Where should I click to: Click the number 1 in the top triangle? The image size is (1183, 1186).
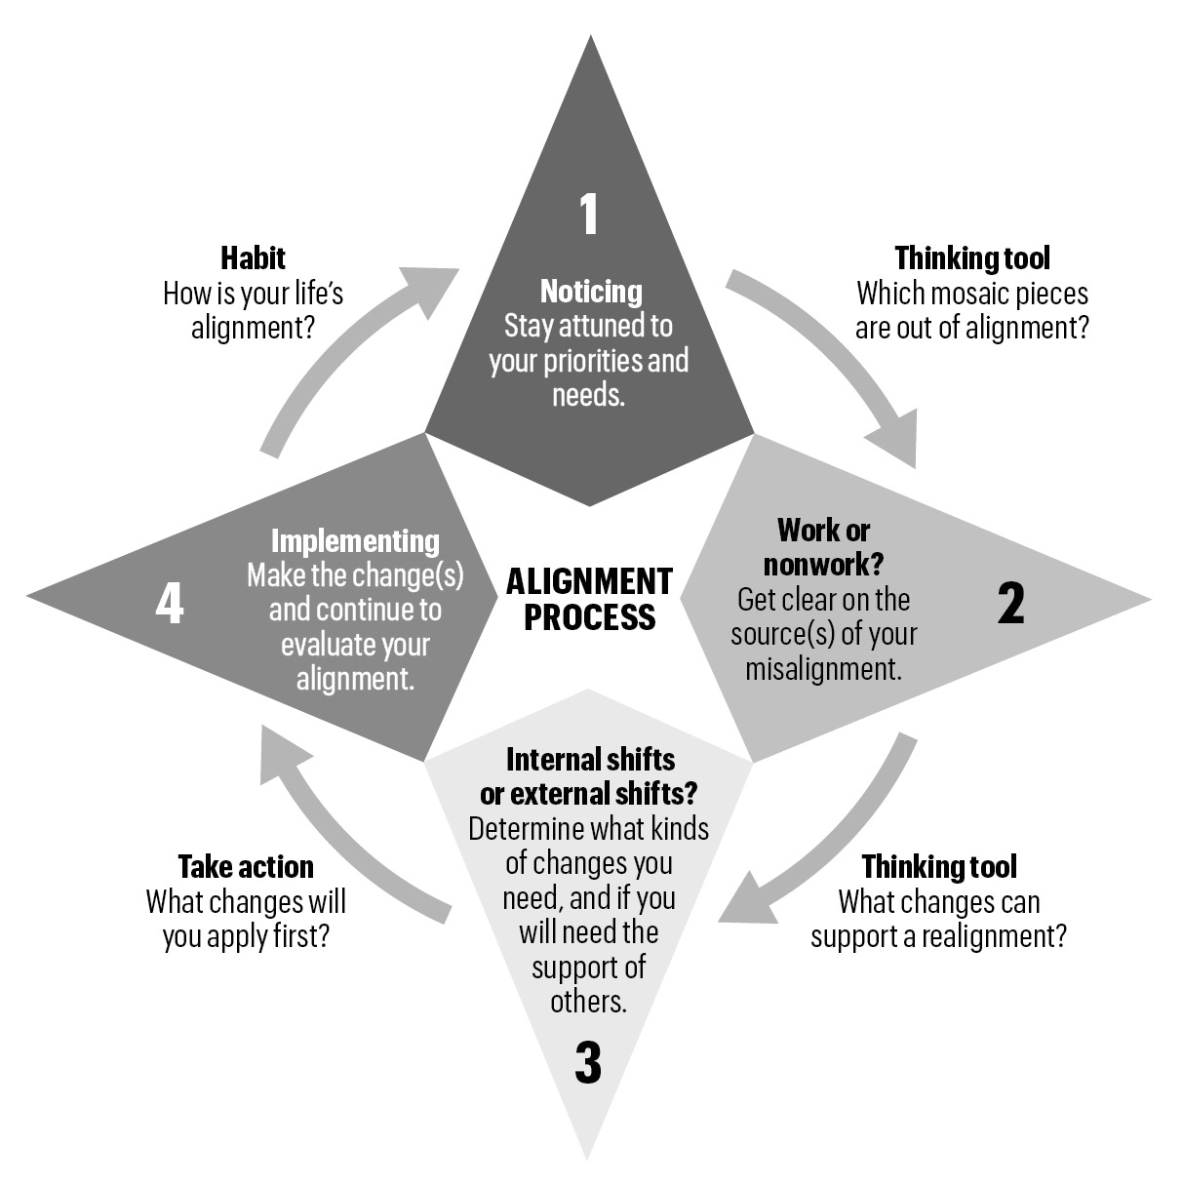[588, 215]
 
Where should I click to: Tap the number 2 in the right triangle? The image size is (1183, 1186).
[1011, 604]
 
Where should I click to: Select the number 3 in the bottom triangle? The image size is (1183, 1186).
[588, 1063]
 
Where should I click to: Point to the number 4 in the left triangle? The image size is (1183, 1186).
[170, 604]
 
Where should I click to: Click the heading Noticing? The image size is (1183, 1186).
[591, 291]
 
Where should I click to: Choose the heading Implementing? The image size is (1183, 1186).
[355, 540]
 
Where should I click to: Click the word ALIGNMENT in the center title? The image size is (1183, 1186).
[589, 582]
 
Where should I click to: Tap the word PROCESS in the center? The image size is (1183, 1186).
[589, 617]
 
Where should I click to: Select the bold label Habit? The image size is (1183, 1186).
[253, 257]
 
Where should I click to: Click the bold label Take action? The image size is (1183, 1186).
[246, 867]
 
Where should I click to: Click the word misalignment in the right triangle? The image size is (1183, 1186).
[823, 669]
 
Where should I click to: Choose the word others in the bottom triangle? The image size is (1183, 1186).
[587, 1002]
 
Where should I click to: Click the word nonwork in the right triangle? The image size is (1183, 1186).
[816, 565]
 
